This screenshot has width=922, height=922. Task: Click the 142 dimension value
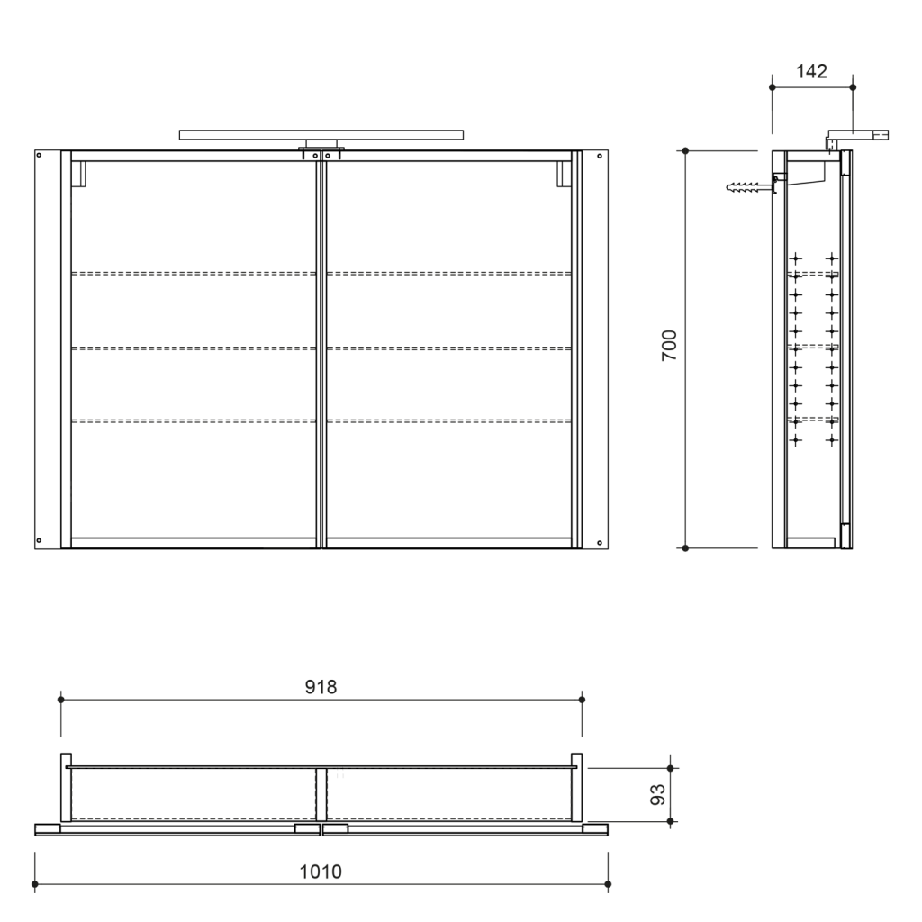[x=812, y=72]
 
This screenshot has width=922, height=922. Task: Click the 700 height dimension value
[x=669, y=346]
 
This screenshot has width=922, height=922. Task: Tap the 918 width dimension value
[x=321, y=687]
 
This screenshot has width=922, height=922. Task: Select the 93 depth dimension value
[x=657, y=794]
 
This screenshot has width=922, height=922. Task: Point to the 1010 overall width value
[x=321, y=872]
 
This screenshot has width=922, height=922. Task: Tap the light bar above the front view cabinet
[x=322, y=135]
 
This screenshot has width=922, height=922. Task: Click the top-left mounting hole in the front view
[x=39, y=156]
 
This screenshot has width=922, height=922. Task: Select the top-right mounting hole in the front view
[x=600, y=156]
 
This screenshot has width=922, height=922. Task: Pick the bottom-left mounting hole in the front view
[x=39, y=540]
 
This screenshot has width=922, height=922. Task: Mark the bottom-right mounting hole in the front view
[x=600, y=542]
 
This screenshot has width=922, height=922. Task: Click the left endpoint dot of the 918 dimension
[x=61, y=700]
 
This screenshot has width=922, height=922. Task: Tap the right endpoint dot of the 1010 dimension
[x=608, y=883]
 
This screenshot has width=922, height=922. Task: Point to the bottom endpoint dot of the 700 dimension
[x=685, y=547]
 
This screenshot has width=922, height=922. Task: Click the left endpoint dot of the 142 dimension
[x=773, y=87]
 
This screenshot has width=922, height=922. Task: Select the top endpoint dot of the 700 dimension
[x=685, y=150]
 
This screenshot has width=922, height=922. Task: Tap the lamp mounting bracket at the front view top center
[x=321, y=150]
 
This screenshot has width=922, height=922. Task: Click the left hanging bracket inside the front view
[x=77, y=174]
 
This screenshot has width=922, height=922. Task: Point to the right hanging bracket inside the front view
[x=564, y=174]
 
